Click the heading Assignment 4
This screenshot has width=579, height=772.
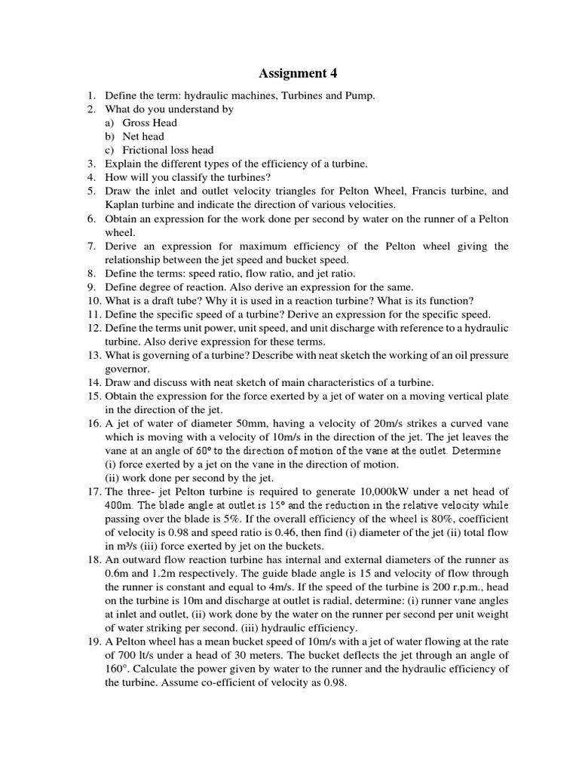pyautogui.click(x=299, y=73)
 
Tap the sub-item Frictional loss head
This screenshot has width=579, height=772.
pyautogui.click(x=168, y=150)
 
